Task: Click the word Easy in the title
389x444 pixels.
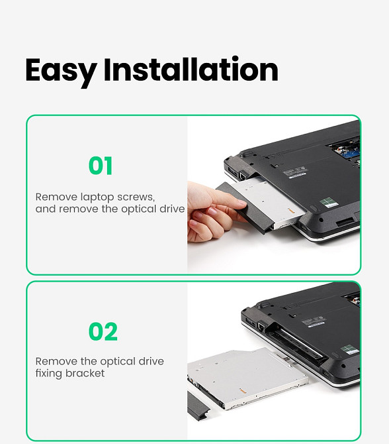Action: [60, 71]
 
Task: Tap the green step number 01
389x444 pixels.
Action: [101, 166]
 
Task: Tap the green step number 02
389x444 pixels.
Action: [103, 331]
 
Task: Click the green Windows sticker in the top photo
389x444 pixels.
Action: [329, 201]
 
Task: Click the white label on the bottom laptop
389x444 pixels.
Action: [316, 321]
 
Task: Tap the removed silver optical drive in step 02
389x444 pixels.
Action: [248, 378]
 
